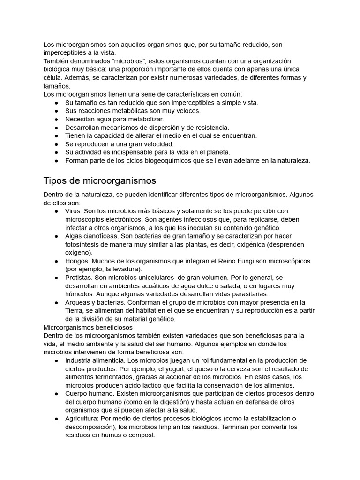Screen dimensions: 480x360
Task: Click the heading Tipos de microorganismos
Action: point(99,180)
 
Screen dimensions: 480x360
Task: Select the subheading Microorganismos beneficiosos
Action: point(88,327)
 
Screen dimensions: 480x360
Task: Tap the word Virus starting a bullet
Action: point(73,211)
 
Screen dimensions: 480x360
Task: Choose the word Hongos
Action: point(76,261)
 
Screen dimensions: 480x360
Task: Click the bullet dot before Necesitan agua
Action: point(56,119)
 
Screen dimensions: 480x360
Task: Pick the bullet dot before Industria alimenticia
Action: point(56,360)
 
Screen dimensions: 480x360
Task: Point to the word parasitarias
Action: point(247,294)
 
